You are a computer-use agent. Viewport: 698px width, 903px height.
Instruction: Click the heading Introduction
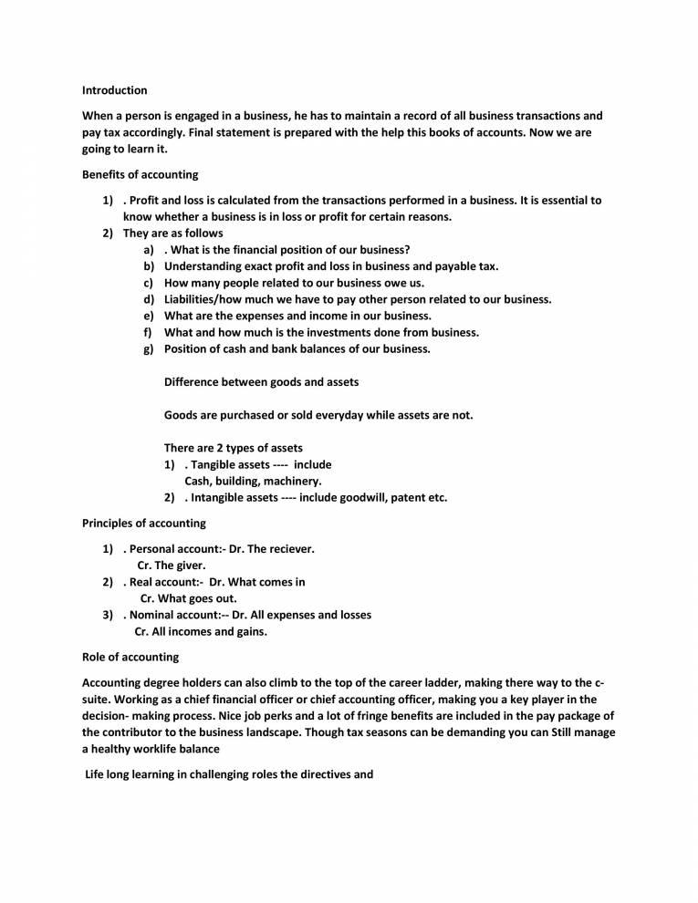click(x=114, y=90)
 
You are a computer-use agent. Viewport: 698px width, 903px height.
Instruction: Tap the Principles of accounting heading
click(x=143, y=524)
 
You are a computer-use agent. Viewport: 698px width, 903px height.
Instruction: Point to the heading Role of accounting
click(x=130, y=657)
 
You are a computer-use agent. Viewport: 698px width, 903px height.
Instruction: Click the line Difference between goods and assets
click(x=261, y=382)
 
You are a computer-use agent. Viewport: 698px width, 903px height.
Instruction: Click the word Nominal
click(x=153, y=615)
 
